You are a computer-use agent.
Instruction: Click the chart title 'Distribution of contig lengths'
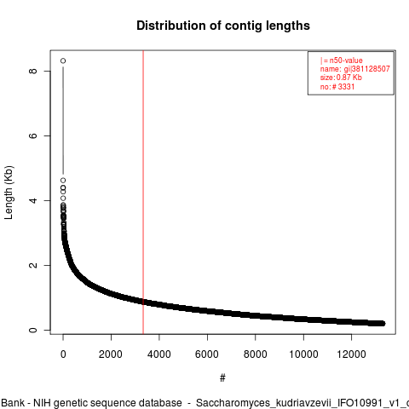[223, 26]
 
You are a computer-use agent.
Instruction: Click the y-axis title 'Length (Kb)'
[9, 193]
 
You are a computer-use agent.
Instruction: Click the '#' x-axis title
[222, 377]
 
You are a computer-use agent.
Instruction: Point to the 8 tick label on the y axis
[33, 71]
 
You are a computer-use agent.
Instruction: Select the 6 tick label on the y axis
[33, 135]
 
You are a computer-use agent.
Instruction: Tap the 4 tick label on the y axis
[33, 200]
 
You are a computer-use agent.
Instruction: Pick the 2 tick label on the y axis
[33, 265]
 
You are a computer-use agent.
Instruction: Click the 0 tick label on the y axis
[33, 330]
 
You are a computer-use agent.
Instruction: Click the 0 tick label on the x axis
[63, 354]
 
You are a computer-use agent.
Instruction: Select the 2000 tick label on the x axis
[111, 354]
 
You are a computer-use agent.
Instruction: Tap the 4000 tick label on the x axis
[159, 354]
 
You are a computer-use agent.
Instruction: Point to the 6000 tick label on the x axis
[207, 354]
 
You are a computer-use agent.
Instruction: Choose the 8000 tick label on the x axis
[256, 354]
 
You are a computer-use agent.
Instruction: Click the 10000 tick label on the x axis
[303, 354]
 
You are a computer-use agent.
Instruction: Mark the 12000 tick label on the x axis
[352, 354]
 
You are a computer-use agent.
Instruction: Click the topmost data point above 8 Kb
[63, 60]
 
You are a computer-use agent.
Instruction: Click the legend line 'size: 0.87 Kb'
[341, 78]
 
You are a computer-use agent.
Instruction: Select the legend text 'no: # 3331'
[337, 86]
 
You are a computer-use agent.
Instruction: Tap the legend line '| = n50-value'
[342, 60]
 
